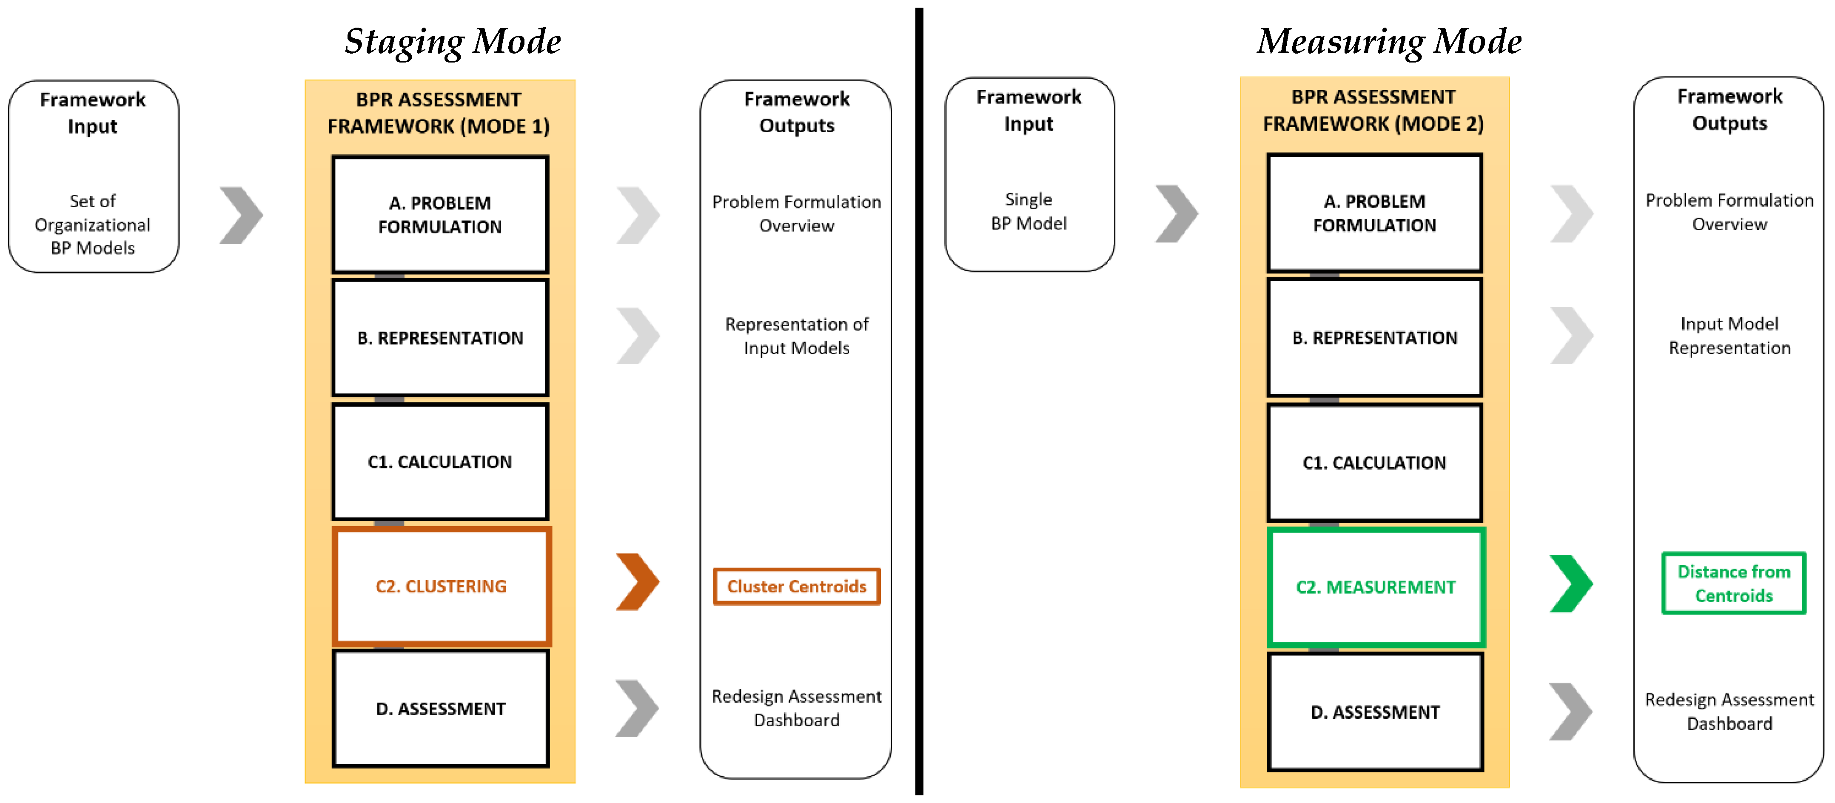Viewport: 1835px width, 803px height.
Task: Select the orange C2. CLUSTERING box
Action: click(441, 587)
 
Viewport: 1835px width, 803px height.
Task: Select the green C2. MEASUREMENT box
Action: click(1376, 587)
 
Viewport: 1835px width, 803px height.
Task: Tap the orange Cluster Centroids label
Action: click(796, 587)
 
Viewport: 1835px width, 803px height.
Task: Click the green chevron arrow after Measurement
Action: click(1571, 584)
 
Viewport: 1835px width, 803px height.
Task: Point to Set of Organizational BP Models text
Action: click(93, 225)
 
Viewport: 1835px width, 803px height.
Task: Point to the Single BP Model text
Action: click(1029, 212)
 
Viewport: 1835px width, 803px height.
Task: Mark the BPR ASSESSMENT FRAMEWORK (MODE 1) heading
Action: click(439, 113)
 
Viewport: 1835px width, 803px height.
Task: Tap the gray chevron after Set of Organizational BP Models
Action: click(241, 215)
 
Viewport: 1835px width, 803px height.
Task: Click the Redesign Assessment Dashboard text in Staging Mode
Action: click(796, 708)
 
